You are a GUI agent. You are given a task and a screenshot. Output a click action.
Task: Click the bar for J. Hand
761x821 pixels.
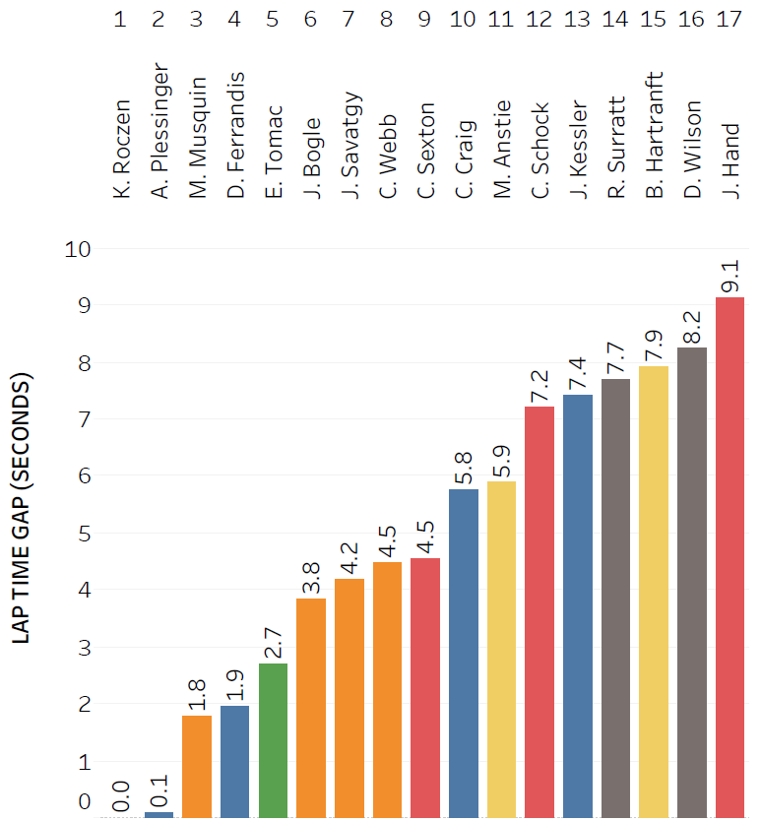[729, 556]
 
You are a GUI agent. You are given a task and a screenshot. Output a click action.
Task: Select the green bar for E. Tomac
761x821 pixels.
[273, 740]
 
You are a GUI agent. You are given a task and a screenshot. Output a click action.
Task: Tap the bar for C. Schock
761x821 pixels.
[539, 611]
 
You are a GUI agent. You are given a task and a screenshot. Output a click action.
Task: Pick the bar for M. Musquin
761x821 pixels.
[197, 766]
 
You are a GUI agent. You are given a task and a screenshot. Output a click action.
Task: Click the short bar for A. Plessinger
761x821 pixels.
[159, 814]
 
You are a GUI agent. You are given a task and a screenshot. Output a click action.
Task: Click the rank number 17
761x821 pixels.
[729, 19]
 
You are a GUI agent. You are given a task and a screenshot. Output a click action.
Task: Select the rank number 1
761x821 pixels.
[120, 19]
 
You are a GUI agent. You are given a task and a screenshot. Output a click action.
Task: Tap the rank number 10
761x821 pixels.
[463, 19]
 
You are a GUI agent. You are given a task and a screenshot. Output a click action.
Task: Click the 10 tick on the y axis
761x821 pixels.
[78, 249]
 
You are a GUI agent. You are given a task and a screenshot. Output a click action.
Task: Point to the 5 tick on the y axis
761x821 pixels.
[85, 534]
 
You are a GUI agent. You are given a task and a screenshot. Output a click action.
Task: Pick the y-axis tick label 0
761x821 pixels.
[85, 803]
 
